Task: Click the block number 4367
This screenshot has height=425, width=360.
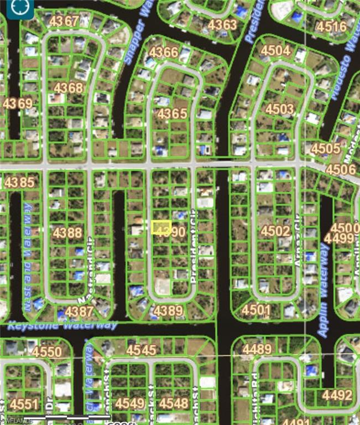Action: pyautogui.click(x=64, y=21)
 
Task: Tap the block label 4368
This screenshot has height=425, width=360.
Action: pyautogui.click(x=69, y=88)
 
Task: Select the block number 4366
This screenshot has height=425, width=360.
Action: pyautogui.click(x=164, y=53)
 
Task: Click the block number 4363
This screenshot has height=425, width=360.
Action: pyautogui.click(x=222, y=25)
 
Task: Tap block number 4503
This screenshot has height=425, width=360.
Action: pyautogui.click(x=280, y=109)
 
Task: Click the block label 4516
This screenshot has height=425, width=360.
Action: pyautogui.click(x=331, y=27)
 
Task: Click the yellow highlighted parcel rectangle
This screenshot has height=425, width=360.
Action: pyautogui.click(x=161, y=227)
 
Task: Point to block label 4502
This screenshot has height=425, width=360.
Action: pyautogui.click(x=275, y=231)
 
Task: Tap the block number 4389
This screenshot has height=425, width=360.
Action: pyautogui.click(x=168, y=311)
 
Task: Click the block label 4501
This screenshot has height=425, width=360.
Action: pyautogui.click(x=256, y=310)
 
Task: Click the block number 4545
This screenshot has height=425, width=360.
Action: pyautogui.click(x=141, y=350)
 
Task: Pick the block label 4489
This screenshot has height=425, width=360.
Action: pyautogui.click(x=257, y=349)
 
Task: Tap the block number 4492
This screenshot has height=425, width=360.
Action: pyautogui.click(x=337, y=395)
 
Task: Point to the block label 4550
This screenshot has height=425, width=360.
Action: pyautogui.click(x=47, y=352)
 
